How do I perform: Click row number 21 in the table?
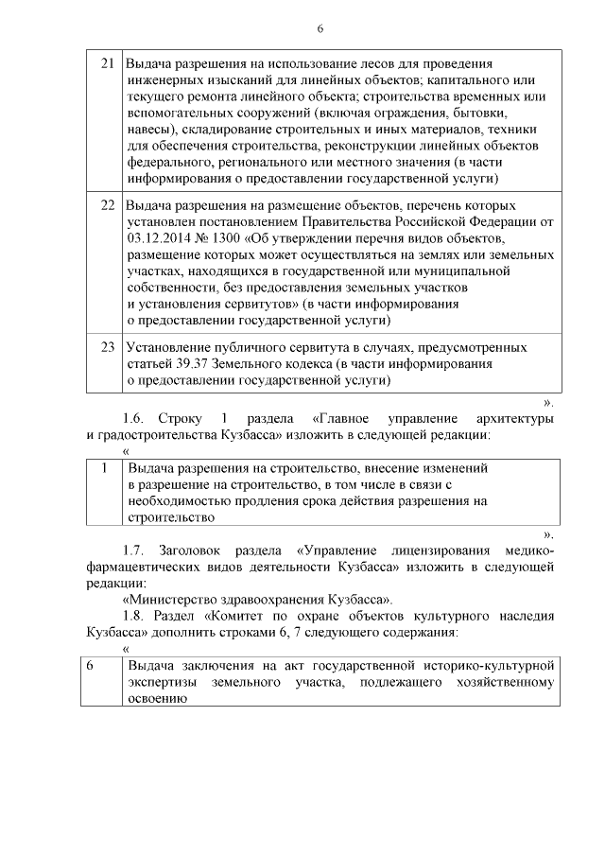(108, 63)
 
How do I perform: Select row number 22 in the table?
(108, 205)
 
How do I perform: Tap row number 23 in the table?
(108, 347)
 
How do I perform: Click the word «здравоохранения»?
(282, 601)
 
